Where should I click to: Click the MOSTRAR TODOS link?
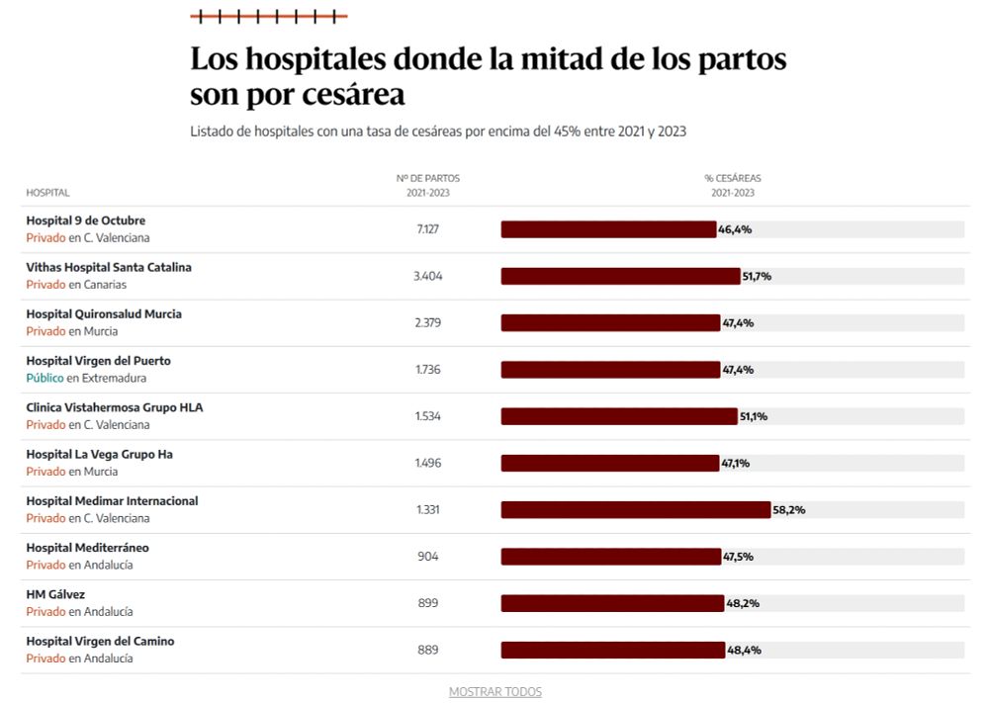coord(494,692)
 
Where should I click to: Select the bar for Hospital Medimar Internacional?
coord(635,510)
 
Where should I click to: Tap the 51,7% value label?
coord(757,277)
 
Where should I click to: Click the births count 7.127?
coord(428,229)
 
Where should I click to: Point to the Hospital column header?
coord(47,193)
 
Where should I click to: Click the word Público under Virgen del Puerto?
coord(45,379)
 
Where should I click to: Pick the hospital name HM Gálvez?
coord(55,594)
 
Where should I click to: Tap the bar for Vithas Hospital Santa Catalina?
coord(620,277)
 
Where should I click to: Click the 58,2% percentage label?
coord(789,510)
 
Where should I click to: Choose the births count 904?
coord(428,557)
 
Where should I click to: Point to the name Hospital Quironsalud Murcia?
coord(104,314)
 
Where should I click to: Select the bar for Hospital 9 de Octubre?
coord(608,229)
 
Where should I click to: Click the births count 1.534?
coord(428,416)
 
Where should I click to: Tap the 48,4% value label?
coord(744,651)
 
